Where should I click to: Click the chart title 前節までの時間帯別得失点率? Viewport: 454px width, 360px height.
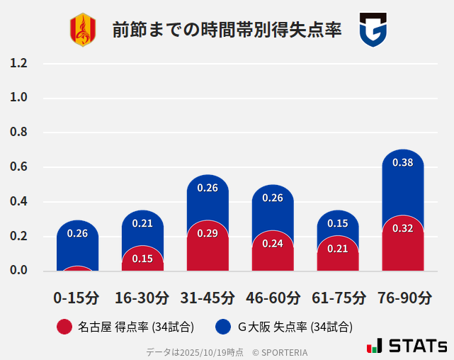(227, 30)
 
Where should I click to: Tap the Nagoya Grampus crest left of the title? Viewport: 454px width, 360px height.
(83, 30)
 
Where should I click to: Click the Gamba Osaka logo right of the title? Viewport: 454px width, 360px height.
(373, 30)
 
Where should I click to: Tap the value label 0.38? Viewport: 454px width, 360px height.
(402, 162)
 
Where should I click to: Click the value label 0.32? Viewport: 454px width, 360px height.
(402, 228)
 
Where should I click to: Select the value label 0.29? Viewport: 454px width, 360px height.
(208, 233)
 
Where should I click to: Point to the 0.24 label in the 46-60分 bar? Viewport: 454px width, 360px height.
(273, 243)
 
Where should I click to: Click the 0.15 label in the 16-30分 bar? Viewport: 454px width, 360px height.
(142, 259)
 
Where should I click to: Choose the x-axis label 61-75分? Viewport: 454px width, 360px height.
(338, 298)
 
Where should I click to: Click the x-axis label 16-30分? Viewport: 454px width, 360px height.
(142, 298)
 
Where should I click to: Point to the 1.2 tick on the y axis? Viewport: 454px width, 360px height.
(18, 63)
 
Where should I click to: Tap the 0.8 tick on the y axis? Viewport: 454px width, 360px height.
(18, 133)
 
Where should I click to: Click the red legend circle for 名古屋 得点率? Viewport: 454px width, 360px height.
(64, 327)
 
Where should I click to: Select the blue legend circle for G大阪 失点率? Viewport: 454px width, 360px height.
(224, 327)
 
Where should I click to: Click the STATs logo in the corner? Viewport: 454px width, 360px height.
(407, 346)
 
